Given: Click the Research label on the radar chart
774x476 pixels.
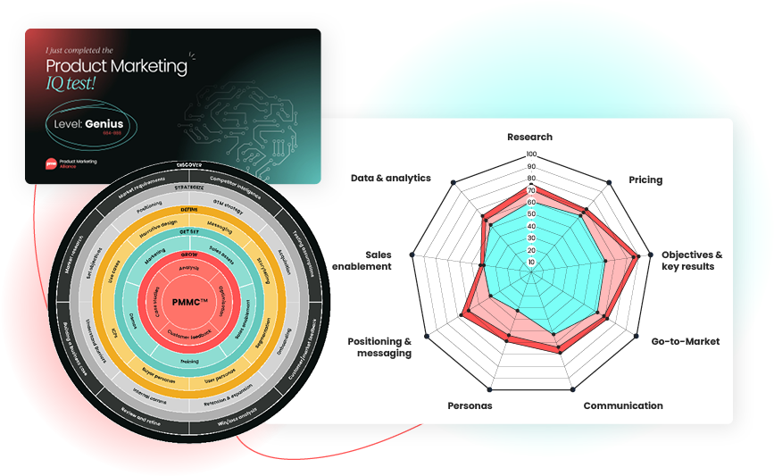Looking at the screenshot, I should coord(529,137).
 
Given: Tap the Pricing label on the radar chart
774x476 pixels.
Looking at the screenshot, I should coord(645,180).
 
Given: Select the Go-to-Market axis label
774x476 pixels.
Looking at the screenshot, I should coord(685,341).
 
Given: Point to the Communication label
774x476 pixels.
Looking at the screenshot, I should coord(623,405).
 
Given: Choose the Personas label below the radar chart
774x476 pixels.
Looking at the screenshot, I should coord(470,405).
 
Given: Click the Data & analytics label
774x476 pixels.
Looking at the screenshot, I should coord(391,179).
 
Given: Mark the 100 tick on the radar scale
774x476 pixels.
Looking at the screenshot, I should coord(531,154).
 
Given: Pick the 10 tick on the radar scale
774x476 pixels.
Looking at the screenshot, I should coord(532,263).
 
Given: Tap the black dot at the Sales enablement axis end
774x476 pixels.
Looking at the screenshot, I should coord(412,256).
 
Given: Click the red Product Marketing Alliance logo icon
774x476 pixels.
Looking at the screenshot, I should coord(52,163).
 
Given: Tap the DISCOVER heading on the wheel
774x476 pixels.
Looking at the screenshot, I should coord(189,165).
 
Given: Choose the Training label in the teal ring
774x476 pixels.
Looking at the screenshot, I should coord(189,362).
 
